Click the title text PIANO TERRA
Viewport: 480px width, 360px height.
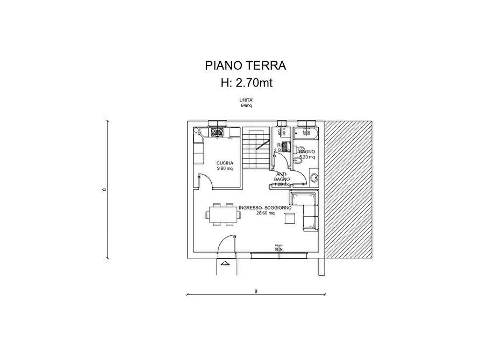[245, 66]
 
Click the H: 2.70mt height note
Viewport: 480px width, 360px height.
[245, 82]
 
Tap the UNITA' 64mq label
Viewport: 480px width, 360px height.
[246, 103]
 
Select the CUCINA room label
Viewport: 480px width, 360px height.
[225, 163]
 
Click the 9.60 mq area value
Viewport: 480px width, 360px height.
[225, 168]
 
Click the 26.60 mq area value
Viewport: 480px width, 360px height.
[266, 213]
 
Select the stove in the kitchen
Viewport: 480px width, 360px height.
[217, 131]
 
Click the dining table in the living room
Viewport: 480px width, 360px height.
[222, 215]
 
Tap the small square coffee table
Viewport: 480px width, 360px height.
[290, 218]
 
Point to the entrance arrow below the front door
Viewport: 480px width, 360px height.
[225, 263]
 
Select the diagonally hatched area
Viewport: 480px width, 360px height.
[349, 188]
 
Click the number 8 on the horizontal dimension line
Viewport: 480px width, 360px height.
[256, 291]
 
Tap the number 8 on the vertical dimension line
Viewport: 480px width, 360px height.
[103, 189]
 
